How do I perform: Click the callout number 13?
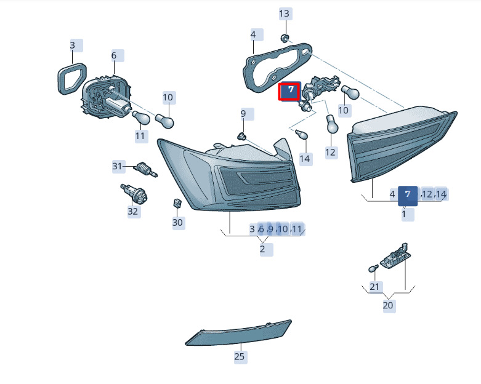[285, 14]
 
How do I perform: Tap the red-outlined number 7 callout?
[289, 91]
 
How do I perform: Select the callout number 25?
[240, 356]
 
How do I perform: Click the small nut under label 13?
[285, 38]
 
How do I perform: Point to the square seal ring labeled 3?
[72, 78]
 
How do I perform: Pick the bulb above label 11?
[141, 118]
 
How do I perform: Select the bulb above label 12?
[331, 124]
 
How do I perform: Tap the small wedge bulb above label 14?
[301, 134]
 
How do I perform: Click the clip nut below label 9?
[242, 135]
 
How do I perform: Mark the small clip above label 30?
[177, 202]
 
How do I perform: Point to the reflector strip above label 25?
[238, 334]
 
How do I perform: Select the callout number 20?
[388, 305]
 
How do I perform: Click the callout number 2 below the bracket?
[262, 249]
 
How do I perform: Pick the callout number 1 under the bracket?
[404, 214]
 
